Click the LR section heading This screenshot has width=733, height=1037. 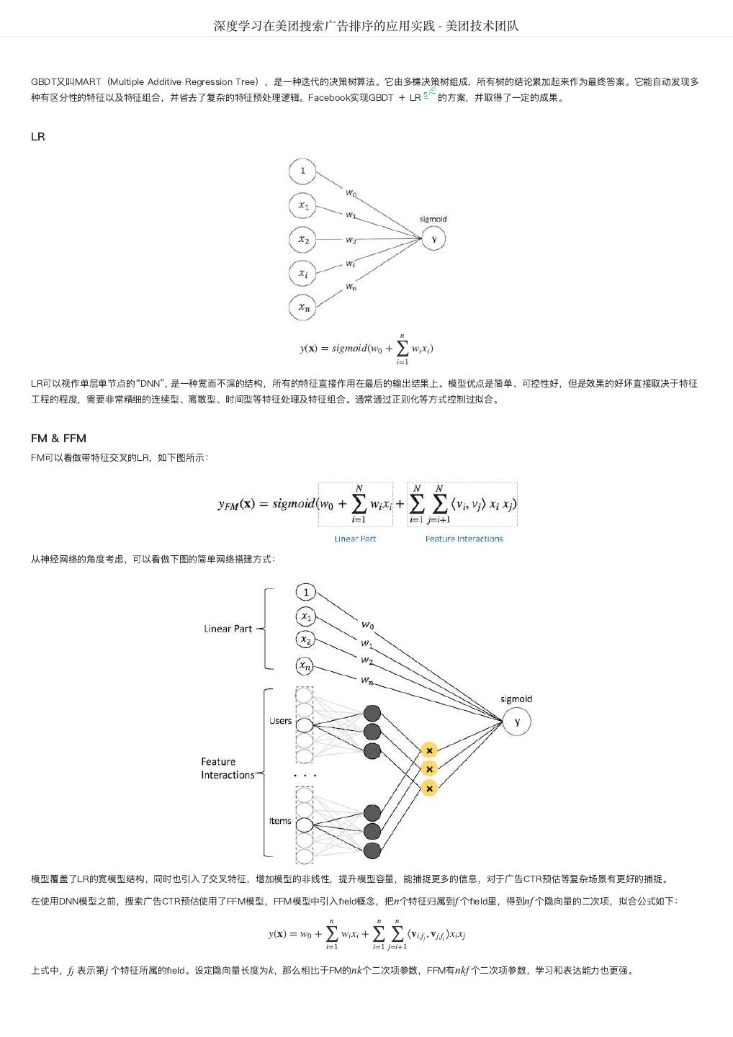click(38, 137)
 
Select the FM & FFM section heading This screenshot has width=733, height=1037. click(58, 438)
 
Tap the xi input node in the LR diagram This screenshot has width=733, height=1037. click(303, 273)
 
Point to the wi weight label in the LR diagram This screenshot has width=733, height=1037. click(350, 264)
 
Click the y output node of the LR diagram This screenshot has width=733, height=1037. click(433, 238)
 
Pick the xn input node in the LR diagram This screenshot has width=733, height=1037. click(303, 307)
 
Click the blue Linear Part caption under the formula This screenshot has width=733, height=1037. click(355, 539)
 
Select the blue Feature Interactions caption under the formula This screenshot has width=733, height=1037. click(464, 539)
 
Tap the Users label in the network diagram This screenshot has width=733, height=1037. click(280, 721)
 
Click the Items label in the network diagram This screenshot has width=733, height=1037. click(280, 821)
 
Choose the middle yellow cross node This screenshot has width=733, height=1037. click(429, 769)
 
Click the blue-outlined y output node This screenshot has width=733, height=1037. click(516, 722)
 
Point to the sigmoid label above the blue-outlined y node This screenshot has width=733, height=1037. click(516, 699)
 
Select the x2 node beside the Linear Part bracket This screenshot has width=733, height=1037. click(306, 639)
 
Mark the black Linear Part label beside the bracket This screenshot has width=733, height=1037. click(228, 629)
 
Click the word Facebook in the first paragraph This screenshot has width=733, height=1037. click(328, 98)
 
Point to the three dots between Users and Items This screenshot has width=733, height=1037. click(305, 776)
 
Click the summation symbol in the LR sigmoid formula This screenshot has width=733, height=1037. click(402, 349)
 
